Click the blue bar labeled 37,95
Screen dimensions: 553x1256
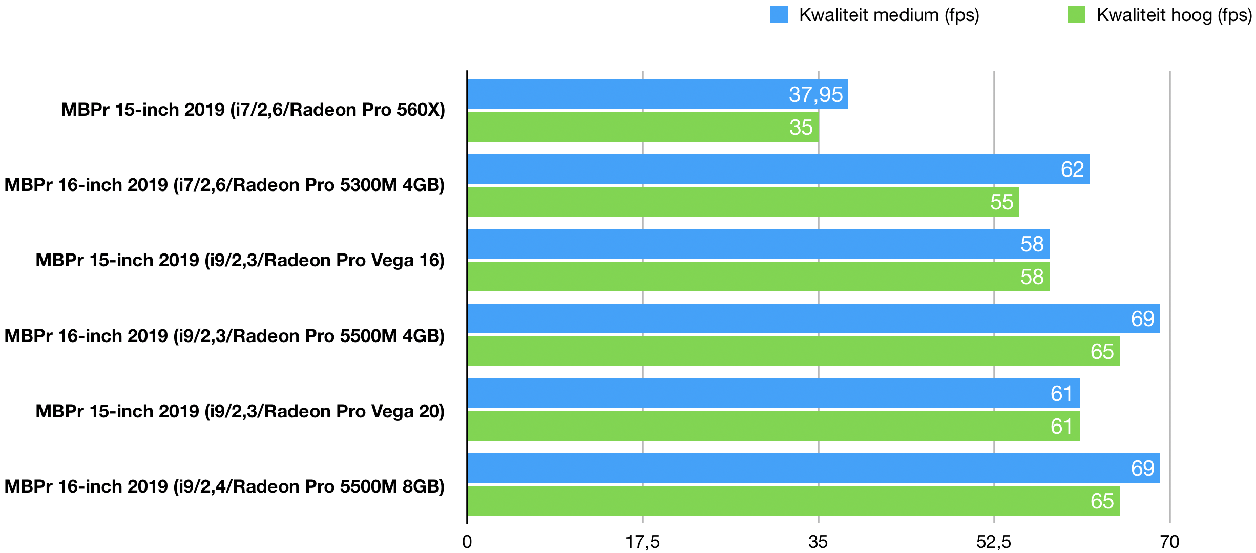pyautogui.click(x=658, y=94)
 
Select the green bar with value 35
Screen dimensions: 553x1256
pyautogui.click(x=643, y=127)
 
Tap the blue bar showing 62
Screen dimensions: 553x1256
pyautogui.click(x=778, y=169)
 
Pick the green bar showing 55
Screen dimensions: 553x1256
pyautogui.click(x=743, y=202)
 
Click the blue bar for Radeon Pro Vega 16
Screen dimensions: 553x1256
pyautogui.click(x=758, y=244)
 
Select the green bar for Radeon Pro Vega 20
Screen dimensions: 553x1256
pyautogui.click(x=773, y=426)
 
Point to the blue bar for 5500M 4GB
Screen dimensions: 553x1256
pyautogui.click(x=813, y=318)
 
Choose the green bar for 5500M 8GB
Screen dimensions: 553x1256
pyautogui.click(x=793, y=501)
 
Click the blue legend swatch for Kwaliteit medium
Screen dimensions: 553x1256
pyautogui.click(x=779, y=15)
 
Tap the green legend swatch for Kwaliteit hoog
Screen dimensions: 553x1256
pyautogui.click(x=1076, y=15)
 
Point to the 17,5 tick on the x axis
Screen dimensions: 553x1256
pyautogui.click(x=643, y=542)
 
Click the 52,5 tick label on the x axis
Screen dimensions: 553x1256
pyautogui.click(x=994, y=542)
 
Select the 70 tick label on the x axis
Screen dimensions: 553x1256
pyautogui.click(x=1169, y=542)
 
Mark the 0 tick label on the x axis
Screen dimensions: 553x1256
pyautogui.click(x=467, y=542)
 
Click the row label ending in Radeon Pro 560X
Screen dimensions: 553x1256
pyautogui.click(x=253, y=110)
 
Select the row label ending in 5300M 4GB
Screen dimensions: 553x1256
pyautogui.click(x=224, y=185)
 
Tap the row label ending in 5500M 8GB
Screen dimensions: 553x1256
pyautogui.click(x=224, y=486)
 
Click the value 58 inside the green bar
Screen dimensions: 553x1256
pyautogui.click(x=1032, y=277)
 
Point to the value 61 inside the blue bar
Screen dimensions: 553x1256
pyautogui.click(x=1061, y=394)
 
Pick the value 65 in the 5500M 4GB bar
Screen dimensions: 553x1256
pyautogui.click(x=1102, y=352)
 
